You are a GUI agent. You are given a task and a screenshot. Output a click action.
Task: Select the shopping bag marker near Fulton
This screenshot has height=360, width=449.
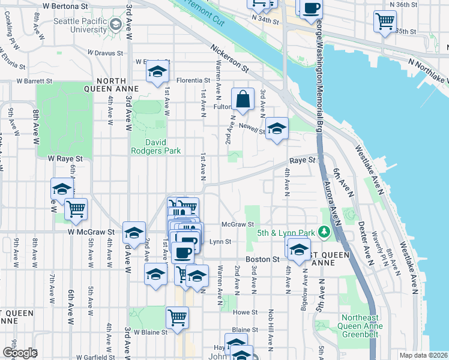[x=243, y=100]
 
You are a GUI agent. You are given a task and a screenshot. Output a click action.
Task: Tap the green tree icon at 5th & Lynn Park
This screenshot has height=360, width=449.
[x=324, y=231]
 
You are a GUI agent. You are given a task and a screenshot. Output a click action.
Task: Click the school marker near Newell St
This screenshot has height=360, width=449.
[x=277, y=128]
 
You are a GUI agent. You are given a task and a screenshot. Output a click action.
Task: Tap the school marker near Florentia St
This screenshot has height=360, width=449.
[x=157, y=72]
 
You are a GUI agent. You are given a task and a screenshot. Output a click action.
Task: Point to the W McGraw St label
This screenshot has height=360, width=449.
[x=91, y=232]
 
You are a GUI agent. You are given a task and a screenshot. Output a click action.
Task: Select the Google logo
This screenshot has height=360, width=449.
[x=19, y=353]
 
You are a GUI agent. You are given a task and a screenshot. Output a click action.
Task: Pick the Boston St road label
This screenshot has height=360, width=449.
[x=268, y=259]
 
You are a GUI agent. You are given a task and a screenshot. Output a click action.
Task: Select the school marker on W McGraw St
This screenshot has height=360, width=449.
[x=134, y=233]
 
